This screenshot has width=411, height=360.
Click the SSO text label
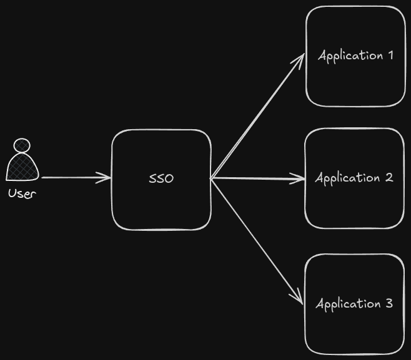(x=161, y=178)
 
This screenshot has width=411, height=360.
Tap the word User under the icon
(x=22, y=193)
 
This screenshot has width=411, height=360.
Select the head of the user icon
(x=22, y=145)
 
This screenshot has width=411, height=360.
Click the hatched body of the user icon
(x=22, y=167)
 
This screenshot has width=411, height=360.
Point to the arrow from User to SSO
(x=75, y=178)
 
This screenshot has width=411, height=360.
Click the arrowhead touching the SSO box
(x=106, y=178)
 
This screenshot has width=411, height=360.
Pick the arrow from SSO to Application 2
(x=256, y=179)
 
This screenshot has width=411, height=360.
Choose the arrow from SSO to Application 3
(x=256, y=240)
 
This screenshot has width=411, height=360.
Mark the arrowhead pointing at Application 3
(x=299, y=299)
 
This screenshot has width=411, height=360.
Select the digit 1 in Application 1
(x=390, y=56)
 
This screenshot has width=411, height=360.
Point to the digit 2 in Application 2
(x=389, y=178)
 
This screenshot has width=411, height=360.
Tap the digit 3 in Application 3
(x=389, y=304)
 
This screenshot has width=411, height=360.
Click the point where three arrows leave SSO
(x=212, y=179)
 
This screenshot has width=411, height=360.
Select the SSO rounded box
(x=161, y=144)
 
